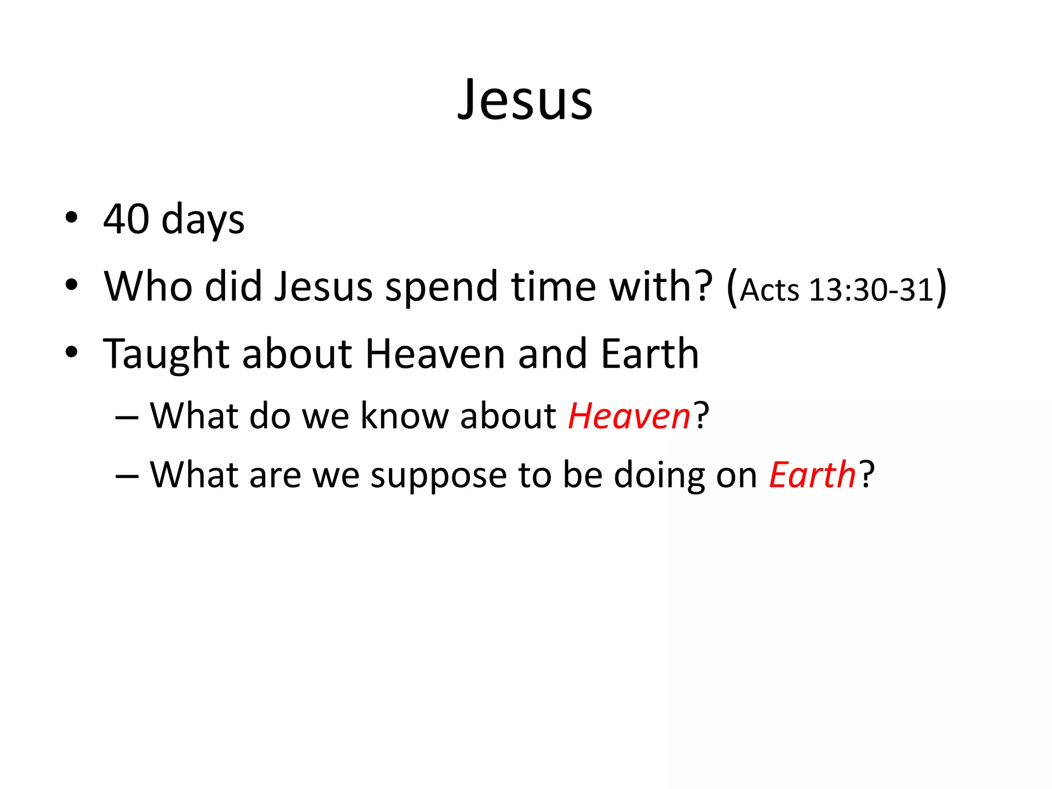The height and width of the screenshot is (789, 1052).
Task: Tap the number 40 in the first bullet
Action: click(126, 219)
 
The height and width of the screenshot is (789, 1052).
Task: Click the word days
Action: click(203, 220)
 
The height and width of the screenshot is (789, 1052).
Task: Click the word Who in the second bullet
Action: click(148, 286)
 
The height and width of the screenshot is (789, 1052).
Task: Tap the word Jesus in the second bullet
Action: click(324, 286)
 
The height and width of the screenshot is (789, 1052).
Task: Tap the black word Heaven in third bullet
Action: click(435, 354)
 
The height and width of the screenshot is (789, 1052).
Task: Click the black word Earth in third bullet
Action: click(650, 354)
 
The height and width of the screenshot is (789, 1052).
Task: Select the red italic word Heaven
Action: click(629, 416)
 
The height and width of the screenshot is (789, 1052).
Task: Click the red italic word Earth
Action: click(812, 475)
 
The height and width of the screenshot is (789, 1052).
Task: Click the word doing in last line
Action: click(660, 476)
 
